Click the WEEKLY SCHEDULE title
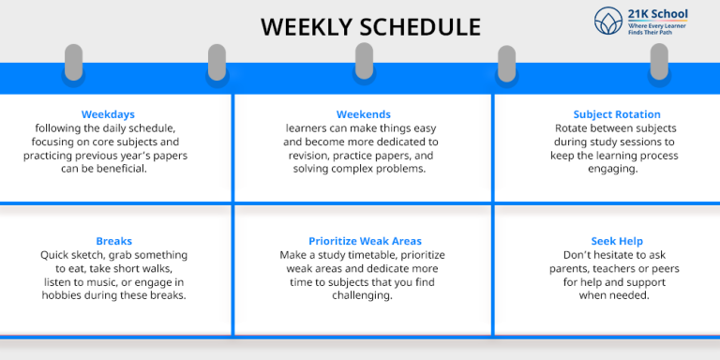tap(370, 26)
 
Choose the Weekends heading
tap(363, 114)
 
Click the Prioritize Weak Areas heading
tap(365, 241)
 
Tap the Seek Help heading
tap(616, 241)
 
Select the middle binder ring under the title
tap(364, 62)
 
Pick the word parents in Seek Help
tap(582, 268)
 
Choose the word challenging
tap(363, 295)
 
